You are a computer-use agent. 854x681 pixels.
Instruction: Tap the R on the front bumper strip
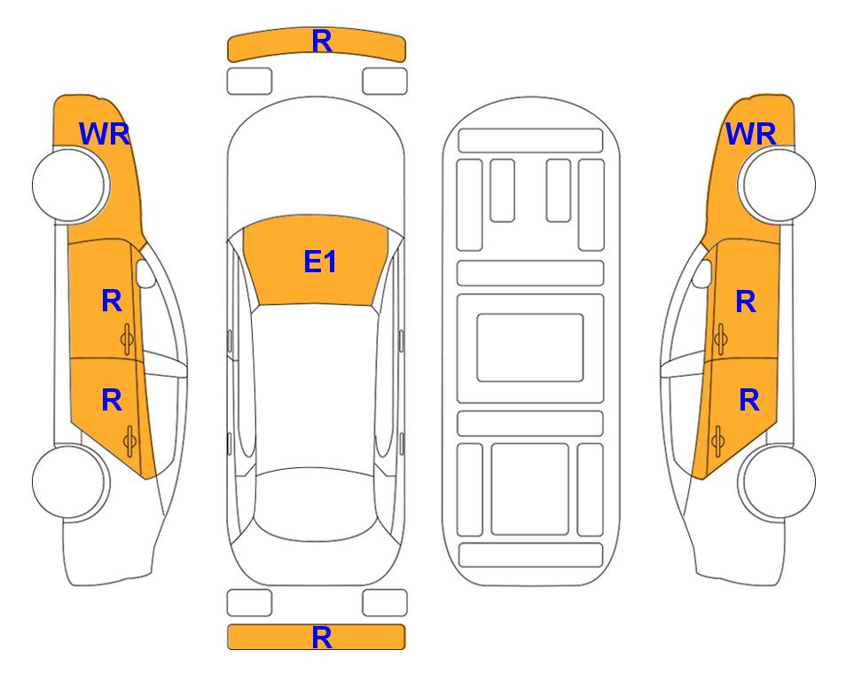pos(322,41)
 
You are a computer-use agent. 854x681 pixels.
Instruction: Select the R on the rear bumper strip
pos(322,637)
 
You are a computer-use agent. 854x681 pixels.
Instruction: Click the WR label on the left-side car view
pos(105,134)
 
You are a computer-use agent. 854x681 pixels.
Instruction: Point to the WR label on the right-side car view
pos(750,134)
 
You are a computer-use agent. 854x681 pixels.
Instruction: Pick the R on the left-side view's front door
pos(112,301)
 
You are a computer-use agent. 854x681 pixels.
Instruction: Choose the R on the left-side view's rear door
pos(112,400)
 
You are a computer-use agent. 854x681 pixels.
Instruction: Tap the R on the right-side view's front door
pos(746,301)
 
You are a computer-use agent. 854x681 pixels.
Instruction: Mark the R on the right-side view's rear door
pos(748,400)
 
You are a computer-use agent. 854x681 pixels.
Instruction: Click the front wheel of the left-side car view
pos(70,184)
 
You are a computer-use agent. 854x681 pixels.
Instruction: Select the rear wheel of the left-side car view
pos(70,481)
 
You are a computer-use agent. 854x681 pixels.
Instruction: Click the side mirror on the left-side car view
pos(145,273)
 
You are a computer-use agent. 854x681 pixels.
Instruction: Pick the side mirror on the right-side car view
pos(702,273)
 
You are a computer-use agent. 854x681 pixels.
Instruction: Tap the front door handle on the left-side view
pos(128,339)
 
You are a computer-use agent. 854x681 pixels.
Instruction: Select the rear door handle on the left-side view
pos(129,441)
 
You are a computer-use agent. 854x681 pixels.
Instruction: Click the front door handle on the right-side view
pos(721,339)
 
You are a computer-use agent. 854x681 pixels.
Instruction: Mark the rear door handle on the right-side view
pos(717,441)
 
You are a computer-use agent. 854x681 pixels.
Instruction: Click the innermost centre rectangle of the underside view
pos(530,348)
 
